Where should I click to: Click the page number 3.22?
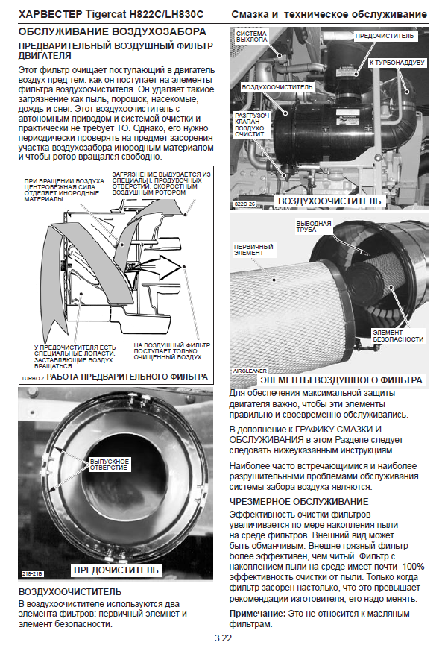223,638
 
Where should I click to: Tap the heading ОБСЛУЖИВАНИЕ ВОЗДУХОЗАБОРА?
113,32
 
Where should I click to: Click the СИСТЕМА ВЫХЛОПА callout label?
252,37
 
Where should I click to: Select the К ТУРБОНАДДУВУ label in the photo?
397,63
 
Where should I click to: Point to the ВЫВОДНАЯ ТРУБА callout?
314,227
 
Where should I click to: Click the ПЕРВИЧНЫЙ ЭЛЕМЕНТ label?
253,250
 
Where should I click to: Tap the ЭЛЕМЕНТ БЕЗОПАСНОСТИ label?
398,336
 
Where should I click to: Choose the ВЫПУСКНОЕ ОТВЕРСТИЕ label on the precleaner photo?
109,465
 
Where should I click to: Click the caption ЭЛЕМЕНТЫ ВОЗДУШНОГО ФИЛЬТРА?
341,380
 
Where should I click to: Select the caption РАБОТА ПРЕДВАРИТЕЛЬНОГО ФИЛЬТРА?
127,377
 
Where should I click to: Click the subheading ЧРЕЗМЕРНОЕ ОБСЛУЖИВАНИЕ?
299,502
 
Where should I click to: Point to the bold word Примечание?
257,614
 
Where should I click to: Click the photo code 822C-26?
244,204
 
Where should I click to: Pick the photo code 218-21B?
32,573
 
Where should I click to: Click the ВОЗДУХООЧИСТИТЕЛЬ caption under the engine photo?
329,201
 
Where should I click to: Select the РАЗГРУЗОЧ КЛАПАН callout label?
252,125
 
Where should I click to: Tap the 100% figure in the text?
413,567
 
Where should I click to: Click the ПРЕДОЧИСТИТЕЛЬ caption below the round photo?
116,570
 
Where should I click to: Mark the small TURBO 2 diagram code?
33,378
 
